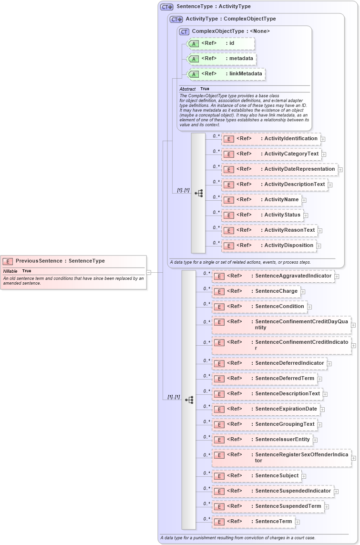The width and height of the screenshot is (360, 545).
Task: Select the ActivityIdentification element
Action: click(x=271, y=139)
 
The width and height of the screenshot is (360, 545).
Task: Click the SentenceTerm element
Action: click(x=253, y=522)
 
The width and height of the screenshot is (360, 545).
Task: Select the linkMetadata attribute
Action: click(x=226, y=74)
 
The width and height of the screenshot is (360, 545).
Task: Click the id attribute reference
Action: click(x=220, y=43)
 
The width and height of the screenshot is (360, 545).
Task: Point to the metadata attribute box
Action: click(x=222, y=59)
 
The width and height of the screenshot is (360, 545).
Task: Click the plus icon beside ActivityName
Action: click(x=304, y=200)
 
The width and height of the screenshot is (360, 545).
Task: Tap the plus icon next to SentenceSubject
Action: click(x=304, y=476)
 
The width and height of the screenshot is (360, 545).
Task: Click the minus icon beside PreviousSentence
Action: click(x=149, y=272)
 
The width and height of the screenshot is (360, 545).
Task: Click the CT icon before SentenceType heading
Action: click(x=166, y=7)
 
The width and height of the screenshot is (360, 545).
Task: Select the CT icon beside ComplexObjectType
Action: click(x=185, y=31)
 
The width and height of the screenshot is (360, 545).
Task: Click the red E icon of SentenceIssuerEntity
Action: click(x=219, y=440)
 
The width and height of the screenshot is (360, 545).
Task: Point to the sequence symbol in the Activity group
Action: click(x=199, y=193)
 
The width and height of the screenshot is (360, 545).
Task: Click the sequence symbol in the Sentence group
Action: click(x=189, y=400)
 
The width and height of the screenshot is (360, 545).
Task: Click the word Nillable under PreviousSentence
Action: click(x=10, y=271)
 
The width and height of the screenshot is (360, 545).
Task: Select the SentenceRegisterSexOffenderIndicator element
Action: click(x=281, y=458)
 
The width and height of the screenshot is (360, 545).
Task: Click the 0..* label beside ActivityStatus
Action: click(x=216, y=212)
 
